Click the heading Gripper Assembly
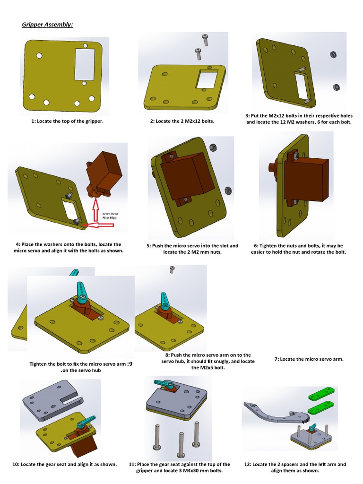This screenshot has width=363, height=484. (x=47, y=24)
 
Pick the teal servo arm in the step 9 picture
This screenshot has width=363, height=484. (x=81, y=293)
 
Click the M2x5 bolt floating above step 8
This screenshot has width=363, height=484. (x=172, y=270)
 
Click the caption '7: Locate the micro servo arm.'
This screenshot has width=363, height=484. (x=309, y=359)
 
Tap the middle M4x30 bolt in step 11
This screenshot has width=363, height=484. (x=181, y=444)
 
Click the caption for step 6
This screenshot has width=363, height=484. (x=298, y=249)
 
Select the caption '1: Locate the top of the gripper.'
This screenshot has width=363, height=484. (x=68, y=121)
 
